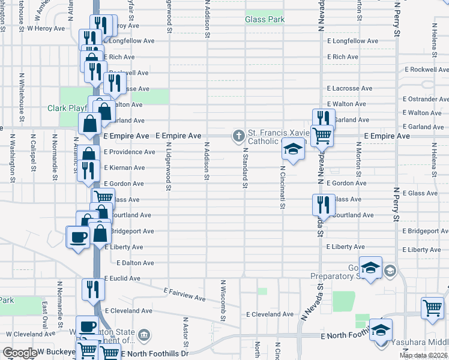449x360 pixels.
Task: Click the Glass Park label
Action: tap(264, 20)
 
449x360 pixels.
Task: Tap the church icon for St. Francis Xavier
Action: tap(238, 136)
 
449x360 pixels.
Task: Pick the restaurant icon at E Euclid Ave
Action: tap(93, 289)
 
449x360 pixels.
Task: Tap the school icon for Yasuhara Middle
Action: tap(381, 330)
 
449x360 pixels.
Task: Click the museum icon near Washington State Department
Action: tap(144, 334)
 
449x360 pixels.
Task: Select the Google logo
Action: tap(20, 353)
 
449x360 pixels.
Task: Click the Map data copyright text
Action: tap(423, 356)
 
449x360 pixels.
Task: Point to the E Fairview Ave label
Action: tap(184, 293)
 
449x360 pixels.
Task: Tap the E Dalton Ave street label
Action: tap(136, 263)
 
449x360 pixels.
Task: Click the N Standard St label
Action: tap(245, 169)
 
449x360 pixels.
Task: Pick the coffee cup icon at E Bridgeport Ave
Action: tap(78, 236)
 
